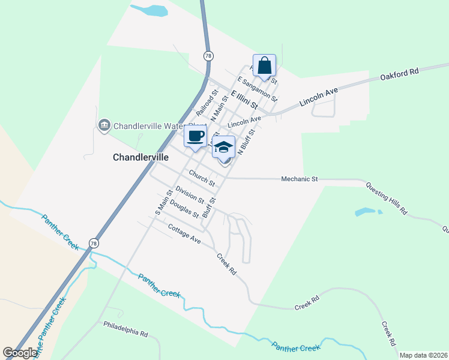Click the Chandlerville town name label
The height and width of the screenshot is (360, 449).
click(140, 157)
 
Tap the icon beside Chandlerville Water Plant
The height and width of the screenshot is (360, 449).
click(104, 125)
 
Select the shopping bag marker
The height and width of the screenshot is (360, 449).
click(264, 66)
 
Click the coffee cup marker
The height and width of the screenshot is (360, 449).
click(196, 136)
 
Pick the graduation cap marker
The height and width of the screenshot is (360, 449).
click(223, 147)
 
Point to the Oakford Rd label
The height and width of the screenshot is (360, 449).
click(399, 74)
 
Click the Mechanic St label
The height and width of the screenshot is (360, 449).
click(299, 179)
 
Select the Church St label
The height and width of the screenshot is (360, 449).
click(202, 177)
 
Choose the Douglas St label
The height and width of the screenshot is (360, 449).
click(184, 208)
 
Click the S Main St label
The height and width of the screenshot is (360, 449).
click(163, 202)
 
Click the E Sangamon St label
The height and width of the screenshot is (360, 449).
click(257, 89)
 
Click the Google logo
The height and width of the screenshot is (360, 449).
click(20, 353)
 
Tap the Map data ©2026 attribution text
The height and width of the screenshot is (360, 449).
click(423, 355)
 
